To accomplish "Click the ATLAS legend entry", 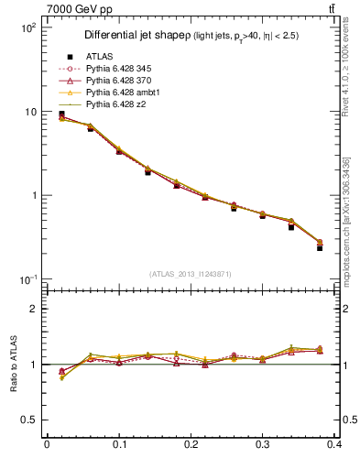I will click(98, 58).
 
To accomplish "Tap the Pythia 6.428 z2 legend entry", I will click(116, 105).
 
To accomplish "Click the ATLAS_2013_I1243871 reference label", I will click(191, 275).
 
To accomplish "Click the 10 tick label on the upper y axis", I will click(29, 112).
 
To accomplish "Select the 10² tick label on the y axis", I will click(27, 27).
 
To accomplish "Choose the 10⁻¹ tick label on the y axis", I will click(27, 279).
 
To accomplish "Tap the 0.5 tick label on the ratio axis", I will click(29, 420).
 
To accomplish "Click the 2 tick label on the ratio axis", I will click(33, 309).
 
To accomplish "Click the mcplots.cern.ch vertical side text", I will click(349, 238).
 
